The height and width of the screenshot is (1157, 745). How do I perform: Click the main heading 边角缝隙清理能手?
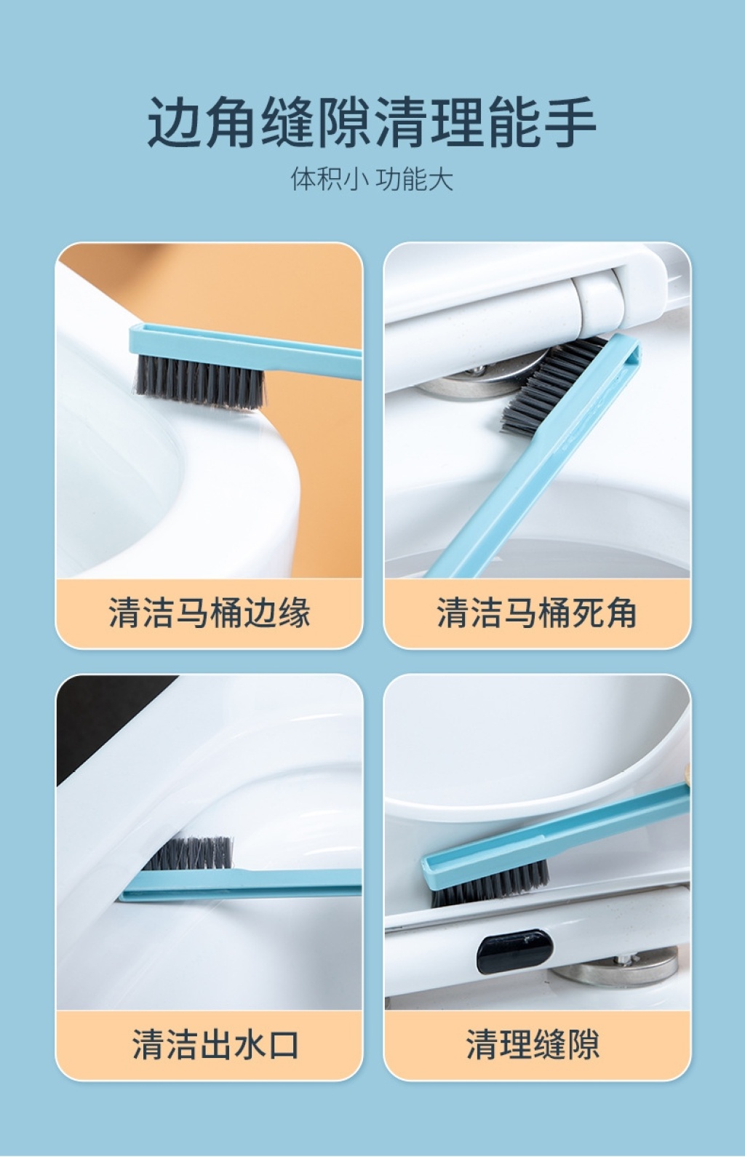coord(372,122)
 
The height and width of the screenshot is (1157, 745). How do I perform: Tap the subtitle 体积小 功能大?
coord(372,180)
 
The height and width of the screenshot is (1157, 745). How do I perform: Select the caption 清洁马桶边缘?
coord(209,613)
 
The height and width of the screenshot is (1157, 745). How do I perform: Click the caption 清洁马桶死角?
coord(537,613)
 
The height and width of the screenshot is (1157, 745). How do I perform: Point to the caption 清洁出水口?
coord(215,1044)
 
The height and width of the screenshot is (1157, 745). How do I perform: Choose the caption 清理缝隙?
coord(533,1044)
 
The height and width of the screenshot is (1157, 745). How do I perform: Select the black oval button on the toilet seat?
coord(514,951)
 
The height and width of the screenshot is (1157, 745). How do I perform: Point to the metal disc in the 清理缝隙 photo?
coord(614,967)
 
